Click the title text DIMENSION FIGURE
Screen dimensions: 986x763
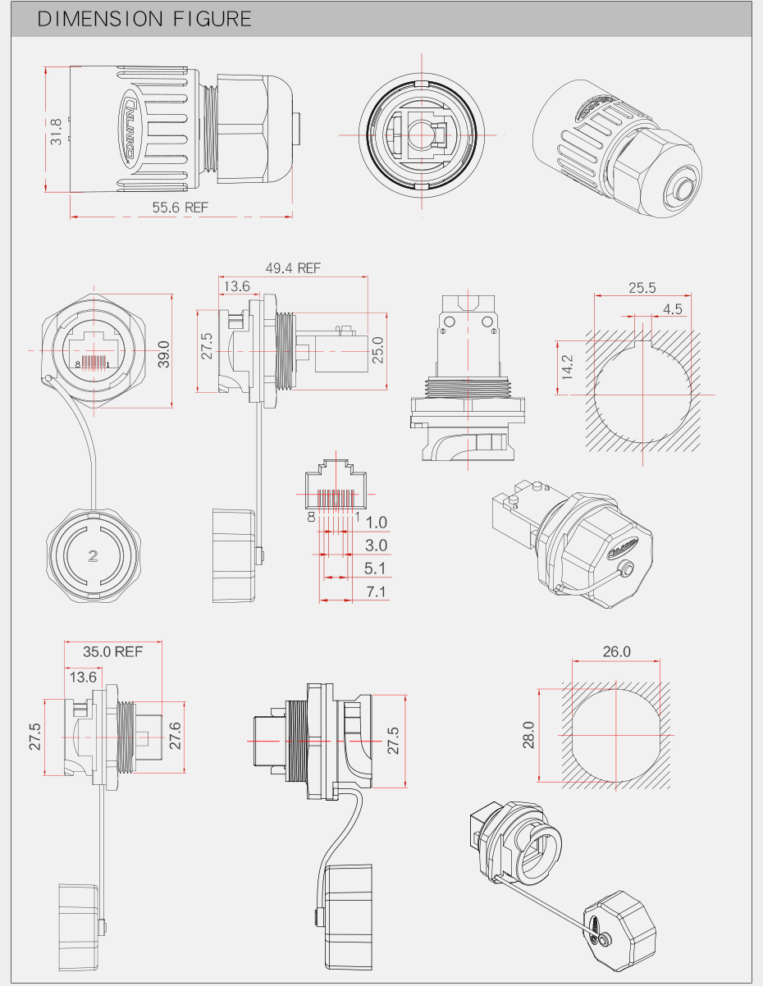(x=144, y=19)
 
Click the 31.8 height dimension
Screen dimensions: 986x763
(x=56, y=131)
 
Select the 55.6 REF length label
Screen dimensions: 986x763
(x=180, y=208)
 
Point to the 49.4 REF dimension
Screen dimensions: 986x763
(x=293, y=268)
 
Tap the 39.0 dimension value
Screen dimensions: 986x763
(x=163, y=354)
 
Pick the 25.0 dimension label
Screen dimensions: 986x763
(x=377, y=350)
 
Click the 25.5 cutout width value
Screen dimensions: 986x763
(x=642, y=288)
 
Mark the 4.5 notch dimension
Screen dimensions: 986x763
(x=673, y=309)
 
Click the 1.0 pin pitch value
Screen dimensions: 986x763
(x=377, y=523)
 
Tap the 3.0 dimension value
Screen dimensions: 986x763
(x=377, y=545)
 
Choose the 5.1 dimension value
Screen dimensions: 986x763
(x=377, y=568)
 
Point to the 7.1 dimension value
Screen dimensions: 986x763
(x=377, y=591)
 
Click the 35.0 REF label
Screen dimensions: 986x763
(x=113, y=652)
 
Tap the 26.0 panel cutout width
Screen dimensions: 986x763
(x=617, y=652)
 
